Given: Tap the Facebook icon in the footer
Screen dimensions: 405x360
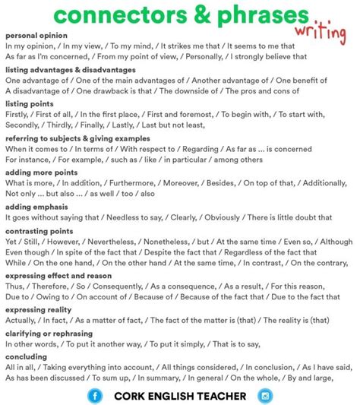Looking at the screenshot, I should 95,395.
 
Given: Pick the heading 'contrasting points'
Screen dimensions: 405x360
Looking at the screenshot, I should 39,230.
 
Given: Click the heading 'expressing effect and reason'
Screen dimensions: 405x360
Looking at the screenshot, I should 58,276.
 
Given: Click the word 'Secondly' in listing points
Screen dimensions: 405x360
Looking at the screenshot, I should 23,125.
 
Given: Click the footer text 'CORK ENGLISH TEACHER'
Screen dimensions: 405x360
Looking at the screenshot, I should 179,395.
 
